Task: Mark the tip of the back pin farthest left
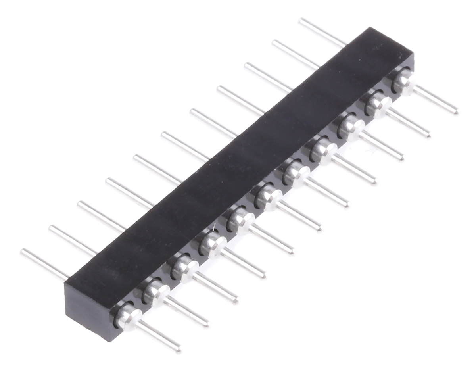point(23,251)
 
